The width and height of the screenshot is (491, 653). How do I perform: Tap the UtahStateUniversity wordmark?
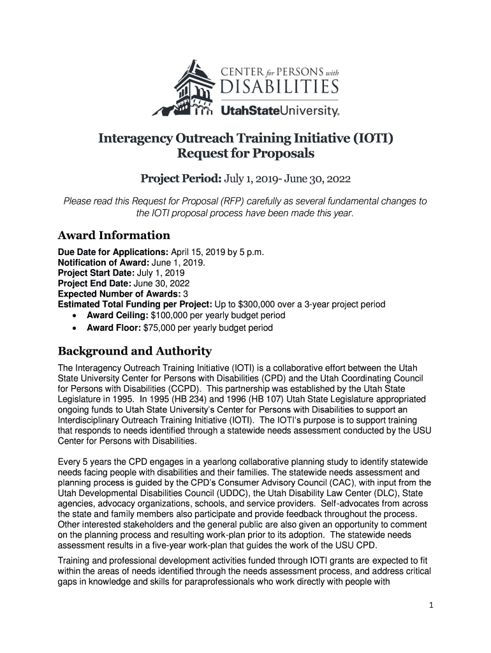280,111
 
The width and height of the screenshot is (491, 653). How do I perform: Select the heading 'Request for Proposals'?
246,154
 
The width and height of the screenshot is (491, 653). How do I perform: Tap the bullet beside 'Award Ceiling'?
77,316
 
